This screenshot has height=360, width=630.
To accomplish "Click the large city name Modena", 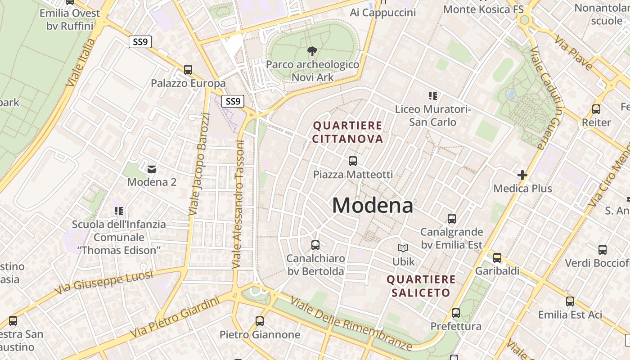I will tap(373, 206).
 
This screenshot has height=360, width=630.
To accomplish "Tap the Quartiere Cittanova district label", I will tap(347, 132).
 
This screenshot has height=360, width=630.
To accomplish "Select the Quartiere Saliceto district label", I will tap(421, 286).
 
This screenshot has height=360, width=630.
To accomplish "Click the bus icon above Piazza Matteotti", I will tap(353, 161).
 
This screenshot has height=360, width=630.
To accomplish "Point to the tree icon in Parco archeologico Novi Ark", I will tap(311, 51).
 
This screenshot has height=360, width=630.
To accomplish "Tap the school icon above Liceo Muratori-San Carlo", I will tap(433, 95).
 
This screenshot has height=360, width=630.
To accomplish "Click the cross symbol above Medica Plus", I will tap(522, 175).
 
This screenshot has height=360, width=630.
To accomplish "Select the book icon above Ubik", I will tap(403, 248).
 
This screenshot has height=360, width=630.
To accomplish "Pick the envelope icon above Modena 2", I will tap(152, 169).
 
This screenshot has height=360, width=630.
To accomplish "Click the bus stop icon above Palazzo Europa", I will tap(188, 70).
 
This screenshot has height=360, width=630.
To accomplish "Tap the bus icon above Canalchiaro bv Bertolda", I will tap(315, 245).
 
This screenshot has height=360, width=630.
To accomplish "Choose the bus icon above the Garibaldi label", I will tap(497, 258).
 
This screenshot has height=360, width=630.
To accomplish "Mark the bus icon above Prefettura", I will tap(456, 313).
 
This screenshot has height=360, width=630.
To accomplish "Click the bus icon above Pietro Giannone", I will tap(260, 321).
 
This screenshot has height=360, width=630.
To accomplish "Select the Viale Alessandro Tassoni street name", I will tap(238, 205).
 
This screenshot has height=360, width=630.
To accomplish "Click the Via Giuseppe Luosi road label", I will tap(104, 282).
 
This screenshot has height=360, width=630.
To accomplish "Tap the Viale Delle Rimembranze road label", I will tap(351, 323).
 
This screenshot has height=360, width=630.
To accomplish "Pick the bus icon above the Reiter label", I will tap(596, 109).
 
